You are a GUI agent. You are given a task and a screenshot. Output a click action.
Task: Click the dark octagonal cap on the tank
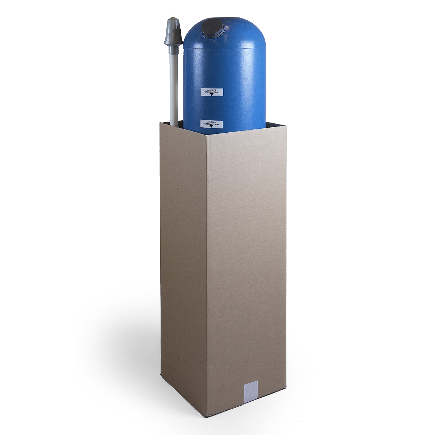(213, 28)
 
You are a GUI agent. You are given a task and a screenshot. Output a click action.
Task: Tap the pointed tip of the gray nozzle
(173, 17)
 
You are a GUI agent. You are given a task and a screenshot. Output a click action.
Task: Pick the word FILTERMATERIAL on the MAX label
(211, 92)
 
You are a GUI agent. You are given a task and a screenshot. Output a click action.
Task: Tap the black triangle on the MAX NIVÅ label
(211, 95)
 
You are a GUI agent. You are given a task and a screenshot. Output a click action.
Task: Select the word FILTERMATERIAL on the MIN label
(211, 124)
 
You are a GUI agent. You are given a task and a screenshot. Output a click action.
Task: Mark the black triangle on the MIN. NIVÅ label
(211, 127)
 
